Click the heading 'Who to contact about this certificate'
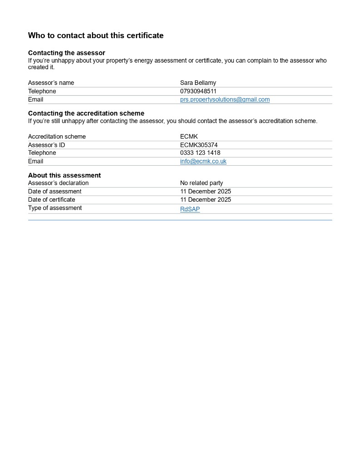pos(96,35)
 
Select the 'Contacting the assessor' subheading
pos(67,53)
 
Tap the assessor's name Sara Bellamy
pos(198,83)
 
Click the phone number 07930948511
pos(198,91)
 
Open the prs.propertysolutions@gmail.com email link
pos(225,99)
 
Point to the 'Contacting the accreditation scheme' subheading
pos(86,114)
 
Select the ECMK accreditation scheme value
pos(189,137)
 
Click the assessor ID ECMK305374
pos(199,145)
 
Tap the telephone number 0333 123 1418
pos(200,153)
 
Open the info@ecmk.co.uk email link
pos(203,161)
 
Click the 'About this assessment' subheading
pos(64,175)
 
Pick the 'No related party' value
pos(202,183)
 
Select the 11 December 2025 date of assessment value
pos(206,191)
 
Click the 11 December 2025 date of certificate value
pos(206,200)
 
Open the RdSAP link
pos(190,209)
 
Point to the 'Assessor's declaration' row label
pos(59,183)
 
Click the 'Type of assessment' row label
pos(55,208)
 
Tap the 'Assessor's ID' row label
pos(47,145)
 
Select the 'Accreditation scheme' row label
pos(57,137)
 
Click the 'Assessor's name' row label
pos(51,83)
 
